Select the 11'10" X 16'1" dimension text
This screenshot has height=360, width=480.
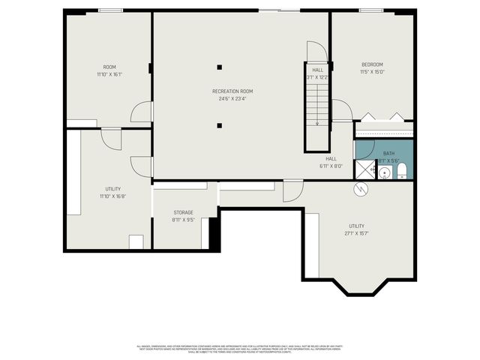[x=109, y=74]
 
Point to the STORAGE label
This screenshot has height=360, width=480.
[x=183, y=212]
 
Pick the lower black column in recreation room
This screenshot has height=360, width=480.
[x=219, y=125]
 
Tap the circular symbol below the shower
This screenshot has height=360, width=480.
[x=360, y=190]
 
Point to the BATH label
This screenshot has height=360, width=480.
[x=388, y=153]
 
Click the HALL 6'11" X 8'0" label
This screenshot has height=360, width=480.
[x=331, y=162]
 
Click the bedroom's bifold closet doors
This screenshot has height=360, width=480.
[x=382, y=117]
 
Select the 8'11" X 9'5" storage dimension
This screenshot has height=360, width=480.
[x=183, y=220]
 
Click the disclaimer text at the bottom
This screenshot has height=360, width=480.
[x=239, y=349]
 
